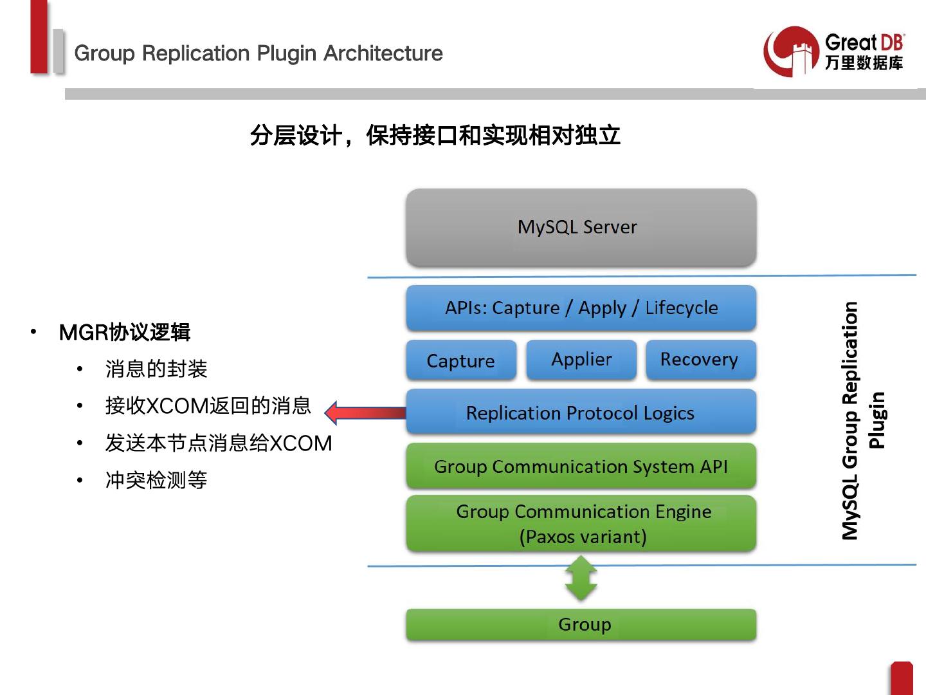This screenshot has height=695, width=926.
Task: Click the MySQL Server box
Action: point(581,227)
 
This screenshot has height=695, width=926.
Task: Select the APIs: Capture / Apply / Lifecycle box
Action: point(581,308)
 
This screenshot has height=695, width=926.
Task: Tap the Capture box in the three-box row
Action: point(461,360)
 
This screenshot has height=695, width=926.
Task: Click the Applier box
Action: point(581,359)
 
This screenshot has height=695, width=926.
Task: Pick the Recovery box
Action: point(700,359)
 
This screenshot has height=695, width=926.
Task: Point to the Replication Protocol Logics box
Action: point(581,412)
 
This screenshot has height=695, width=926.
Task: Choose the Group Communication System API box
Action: point(581,466)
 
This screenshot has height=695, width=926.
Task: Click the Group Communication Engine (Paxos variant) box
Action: point(581,524)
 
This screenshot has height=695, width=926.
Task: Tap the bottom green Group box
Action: point(581,624)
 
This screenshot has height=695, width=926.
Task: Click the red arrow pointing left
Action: point(364,412)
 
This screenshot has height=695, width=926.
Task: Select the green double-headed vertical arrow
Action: point(581,579)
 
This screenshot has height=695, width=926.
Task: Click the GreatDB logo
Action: point(833,51)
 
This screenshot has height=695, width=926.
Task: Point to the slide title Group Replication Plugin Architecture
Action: point(259,53)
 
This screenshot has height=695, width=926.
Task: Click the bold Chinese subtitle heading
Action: point(435,136)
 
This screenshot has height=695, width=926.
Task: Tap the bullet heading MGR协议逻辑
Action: point(125,332)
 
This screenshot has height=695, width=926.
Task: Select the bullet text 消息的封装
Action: point(156,369)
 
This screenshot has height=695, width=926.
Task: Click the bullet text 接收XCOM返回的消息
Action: point(208,406)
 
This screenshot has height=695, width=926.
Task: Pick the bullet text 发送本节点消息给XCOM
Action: point(219,443)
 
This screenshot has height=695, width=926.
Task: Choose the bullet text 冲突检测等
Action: point(156,480)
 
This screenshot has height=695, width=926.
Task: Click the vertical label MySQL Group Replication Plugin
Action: point(862,420)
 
